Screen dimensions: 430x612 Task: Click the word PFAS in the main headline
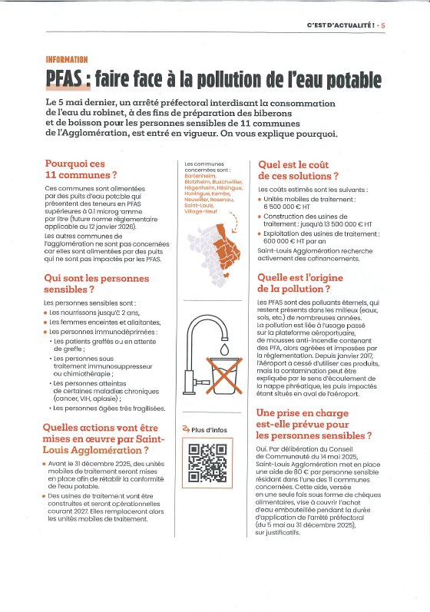tap(63, 79)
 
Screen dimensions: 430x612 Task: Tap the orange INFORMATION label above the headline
tap(67, 60)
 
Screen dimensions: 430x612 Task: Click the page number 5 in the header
tap(383, 25)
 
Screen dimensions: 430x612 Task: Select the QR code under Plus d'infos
tap(207, 463)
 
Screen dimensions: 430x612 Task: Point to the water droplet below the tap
tap(224, 349)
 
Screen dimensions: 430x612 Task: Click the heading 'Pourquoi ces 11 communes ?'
tap(81, 169)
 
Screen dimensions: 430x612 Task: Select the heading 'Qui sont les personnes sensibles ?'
tap(97, 284)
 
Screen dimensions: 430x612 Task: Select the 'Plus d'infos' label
tap(209, 430)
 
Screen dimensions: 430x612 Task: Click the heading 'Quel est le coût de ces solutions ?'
tap(298, 170)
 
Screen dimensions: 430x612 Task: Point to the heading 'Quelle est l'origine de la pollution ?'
tap(300, 283)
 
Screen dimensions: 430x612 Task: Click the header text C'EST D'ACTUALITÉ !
tap(341, 25)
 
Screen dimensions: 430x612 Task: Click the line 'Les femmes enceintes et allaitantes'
tap(104, 323)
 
